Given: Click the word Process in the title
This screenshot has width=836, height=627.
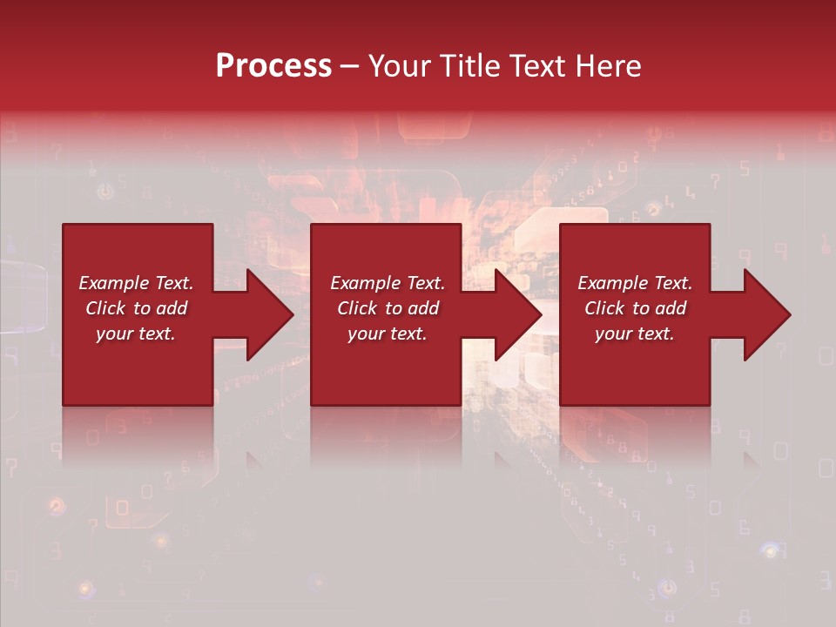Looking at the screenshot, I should coord(273,66).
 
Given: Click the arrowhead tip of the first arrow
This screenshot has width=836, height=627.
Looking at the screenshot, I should coord(292,315).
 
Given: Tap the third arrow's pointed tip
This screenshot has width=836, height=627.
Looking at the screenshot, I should coord(789,315).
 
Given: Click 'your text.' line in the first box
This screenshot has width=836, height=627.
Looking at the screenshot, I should coord(136,334).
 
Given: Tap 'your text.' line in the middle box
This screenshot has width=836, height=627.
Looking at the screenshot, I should coord(387,334).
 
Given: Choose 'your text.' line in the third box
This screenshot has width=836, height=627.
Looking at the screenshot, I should coord(635,334).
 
